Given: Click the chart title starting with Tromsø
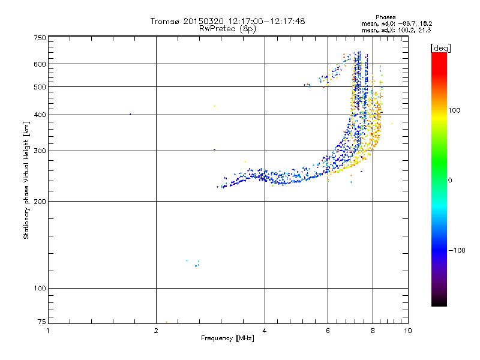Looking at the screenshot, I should click(x=227, y=21).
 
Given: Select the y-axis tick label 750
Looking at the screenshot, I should click(x=39, y=38).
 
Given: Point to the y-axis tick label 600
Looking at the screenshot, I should click(x=39, y=64).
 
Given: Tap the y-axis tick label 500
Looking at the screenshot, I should click(x=39, y=86).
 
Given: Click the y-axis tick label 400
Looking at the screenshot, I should click(x=39, y=115).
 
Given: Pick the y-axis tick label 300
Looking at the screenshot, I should click(x=39, y=151).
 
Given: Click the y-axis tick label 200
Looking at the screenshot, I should click(x=39, y=201).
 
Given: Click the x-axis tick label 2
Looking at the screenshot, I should click(x=156, y=331).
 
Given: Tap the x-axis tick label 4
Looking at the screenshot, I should click(x=265, y=331).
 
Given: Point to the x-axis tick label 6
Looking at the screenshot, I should click(x=328, y=331).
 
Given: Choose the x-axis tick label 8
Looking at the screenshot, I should click(x=373, y=331).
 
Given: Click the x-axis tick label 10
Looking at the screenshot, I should click(x=407, y=331).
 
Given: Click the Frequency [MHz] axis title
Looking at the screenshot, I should click(x=227, y=339).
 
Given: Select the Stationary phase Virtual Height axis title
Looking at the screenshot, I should click(x=26, y=180).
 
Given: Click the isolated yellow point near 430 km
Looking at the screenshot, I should click(x=214, y=106).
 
